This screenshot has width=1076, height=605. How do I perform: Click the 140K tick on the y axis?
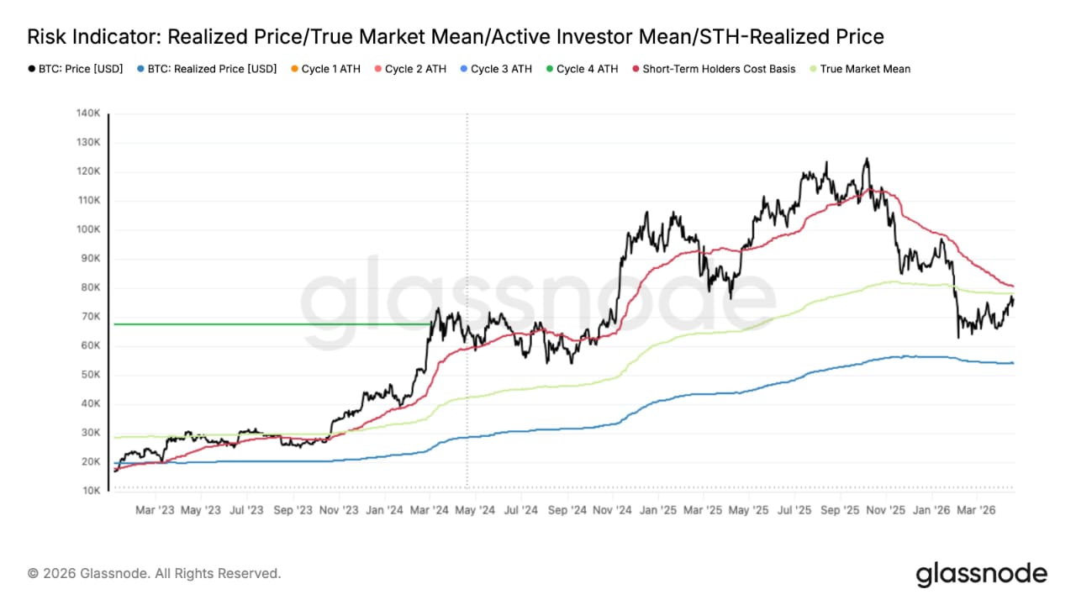coord(89,113)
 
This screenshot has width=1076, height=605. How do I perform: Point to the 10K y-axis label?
coord(91,491)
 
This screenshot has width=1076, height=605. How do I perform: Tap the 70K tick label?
coord(91,317)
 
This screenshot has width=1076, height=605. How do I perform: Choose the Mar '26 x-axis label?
coord(978,510)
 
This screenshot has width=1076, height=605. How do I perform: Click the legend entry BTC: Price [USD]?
coord(79,69)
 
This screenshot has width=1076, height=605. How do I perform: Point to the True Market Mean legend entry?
coord(858,69)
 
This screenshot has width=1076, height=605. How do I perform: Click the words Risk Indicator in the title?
coord(92,37)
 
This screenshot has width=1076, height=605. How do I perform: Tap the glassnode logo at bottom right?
coord(981,575)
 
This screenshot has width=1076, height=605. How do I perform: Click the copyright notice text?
coord(155,574)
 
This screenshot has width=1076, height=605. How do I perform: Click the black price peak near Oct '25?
coord(866,159)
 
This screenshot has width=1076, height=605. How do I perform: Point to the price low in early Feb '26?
coord(958,337)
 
